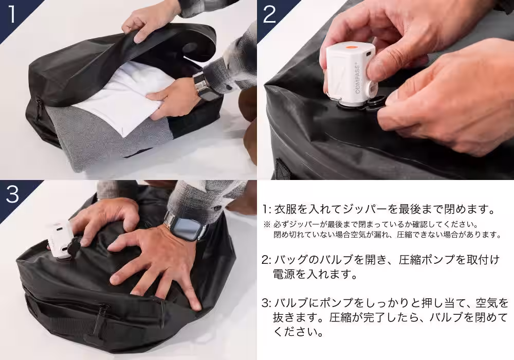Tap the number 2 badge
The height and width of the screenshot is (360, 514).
[x=269, y=14]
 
